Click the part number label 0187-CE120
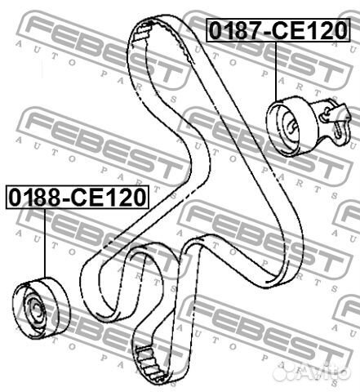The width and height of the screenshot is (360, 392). click(x=278, y=30)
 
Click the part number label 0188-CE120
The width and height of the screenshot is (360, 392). click(x=78, y=197)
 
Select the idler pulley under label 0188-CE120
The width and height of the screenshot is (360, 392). click(x=41, y=308)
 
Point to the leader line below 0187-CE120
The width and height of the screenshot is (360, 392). click(x=276, y=72)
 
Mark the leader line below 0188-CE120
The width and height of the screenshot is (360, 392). click(x=44, y=243)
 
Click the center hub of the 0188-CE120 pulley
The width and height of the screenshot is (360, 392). click(x=35, y=310)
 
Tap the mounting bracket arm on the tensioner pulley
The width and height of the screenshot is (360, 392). click(x=333, y=120)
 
